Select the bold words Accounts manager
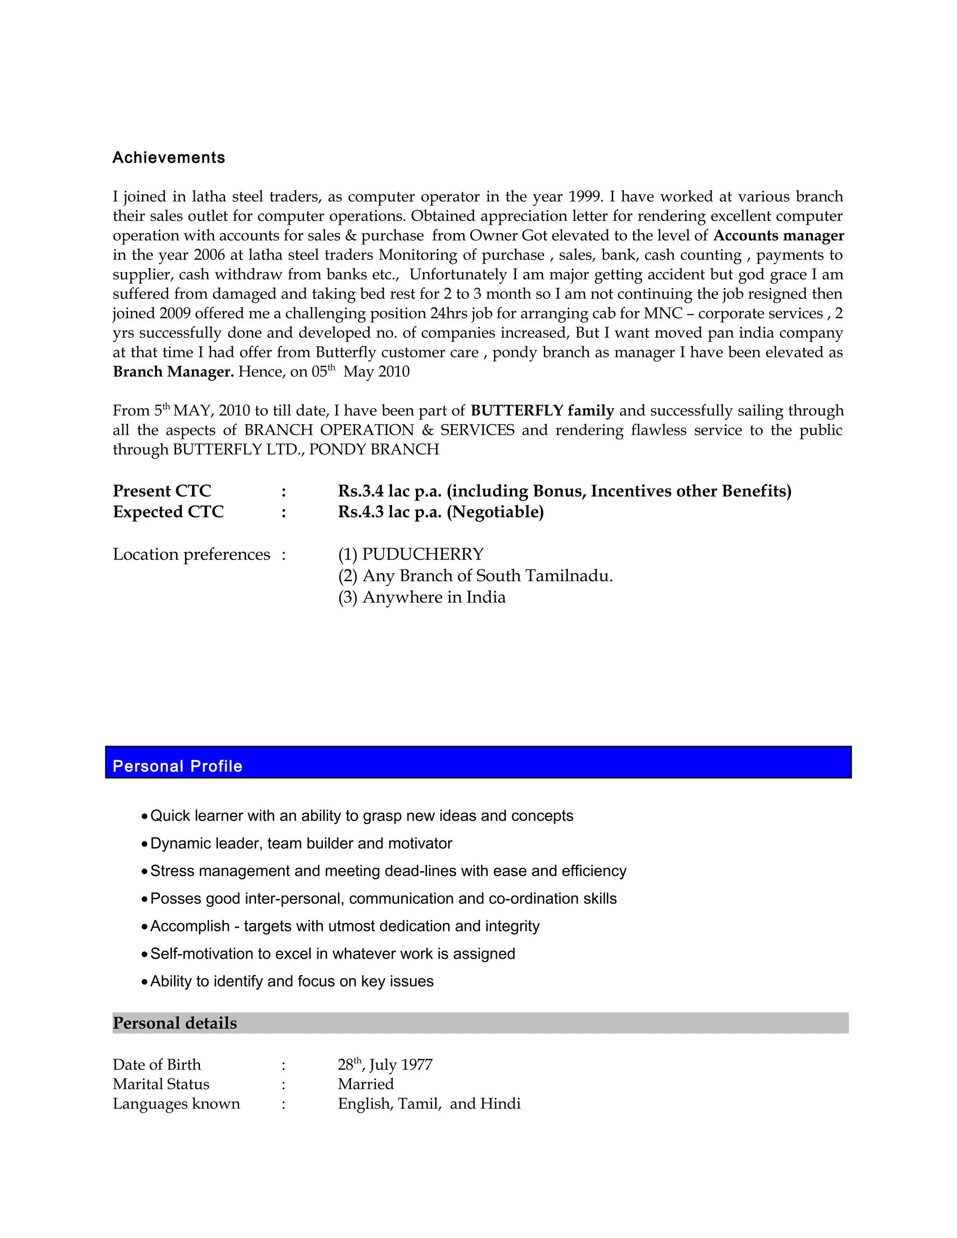click(778, 236)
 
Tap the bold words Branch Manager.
click(173, 372)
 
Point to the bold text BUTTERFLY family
click(542, 410)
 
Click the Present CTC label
click(162, 491)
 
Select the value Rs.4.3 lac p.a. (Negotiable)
click(441, 512)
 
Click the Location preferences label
click(191, 555)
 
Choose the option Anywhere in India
click(434, 598)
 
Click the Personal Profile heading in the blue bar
click(178, 766)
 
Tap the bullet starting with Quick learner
click(361, 816)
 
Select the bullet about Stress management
click(388, 871)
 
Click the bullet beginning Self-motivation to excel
click(332, 953)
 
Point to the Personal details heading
click(175, 1023)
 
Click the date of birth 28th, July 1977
click(385, 1065)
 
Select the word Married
click(366, 1084)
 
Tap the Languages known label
click(176, 1103)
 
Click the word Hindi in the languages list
click(500, 1103)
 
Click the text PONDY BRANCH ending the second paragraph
click(374, 449)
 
